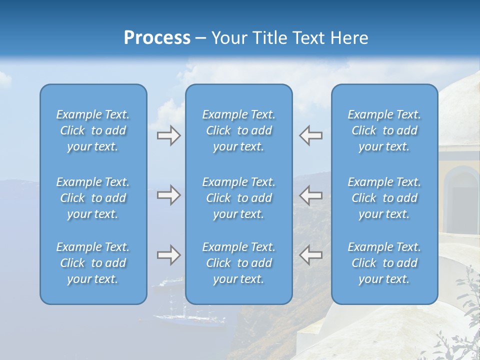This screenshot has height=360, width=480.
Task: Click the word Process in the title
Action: [157, 38]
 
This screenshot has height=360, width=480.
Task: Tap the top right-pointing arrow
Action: [168, 135]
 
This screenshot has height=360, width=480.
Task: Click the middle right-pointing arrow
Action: [168, 195]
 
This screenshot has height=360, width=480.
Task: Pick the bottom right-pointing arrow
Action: [168, 255]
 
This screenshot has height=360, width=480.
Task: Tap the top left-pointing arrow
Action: [311, 135]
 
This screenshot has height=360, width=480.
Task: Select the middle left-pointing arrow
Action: [311, 195]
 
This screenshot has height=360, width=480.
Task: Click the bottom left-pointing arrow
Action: [311, 255]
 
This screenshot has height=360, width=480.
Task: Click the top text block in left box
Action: [93, 130]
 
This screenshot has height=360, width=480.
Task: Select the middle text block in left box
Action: [93, 198]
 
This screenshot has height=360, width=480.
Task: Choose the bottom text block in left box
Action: [93, 263]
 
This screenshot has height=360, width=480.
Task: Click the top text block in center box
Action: [238, 130]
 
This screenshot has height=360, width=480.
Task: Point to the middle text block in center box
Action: [238, 198]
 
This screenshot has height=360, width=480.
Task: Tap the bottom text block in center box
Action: [238, 263]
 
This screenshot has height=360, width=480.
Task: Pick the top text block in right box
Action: [384, 130]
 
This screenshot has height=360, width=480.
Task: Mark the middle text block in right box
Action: [384, 198]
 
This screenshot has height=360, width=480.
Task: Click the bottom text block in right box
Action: [384, 263]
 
